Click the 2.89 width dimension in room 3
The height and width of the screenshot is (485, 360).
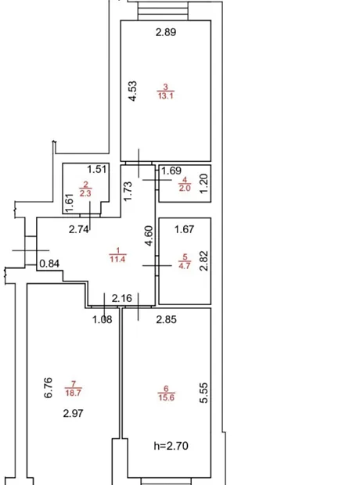166,32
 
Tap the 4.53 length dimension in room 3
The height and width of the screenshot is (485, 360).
132,92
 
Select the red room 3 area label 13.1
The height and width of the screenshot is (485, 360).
166,96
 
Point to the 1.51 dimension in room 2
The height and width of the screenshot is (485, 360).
96,170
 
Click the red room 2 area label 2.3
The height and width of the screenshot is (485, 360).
85,194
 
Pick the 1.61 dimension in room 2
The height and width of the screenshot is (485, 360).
70,203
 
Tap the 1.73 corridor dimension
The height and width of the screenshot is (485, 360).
128,191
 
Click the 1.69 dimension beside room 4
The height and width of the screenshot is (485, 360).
171,171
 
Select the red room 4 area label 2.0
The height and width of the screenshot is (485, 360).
185,188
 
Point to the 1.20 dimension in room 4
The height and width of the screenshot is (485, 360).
204,183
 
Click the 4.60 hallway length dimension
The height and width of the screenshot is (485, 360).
149,235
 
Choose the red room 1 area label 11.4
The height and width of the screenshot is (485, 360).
117,259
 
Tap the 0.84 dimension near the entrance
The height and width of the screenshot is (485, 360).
49,264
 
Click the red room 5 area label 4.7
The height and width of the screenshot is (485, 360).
185,266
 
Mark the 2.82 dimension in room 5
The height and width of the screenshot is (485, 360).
203,260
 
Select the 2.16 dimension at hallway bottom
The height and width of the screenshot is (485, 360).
121,299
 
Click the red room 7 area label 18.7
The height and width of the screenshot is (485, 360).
73,393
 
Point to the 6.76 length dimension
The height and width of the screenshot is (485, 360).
48,387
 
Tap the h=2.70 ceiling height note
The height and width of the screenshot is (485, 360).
171,446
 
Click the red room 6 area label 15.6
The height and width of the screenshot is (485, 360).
166,397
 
